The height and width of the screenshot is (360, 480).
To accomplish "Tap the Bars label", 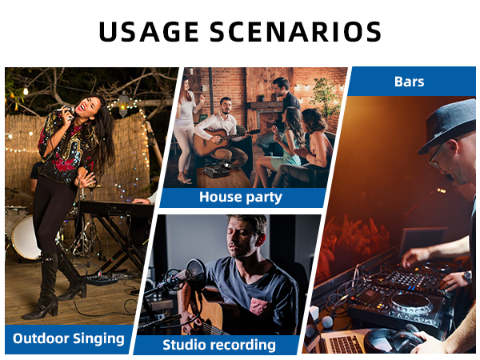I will coord(409,82).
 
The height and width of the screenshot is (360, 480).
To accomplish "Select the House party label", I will coord(241,197).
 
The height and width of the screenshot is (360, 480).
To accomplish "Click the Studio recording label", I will coord(219,345).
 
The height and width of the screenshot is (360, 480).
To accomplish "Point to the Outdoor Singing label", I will coord(69,338).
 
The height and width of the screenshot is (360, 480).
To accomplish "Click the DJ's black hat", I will coord(453,121).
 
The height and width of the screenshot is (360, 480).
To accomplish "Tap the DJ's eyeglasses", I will coord(438,154).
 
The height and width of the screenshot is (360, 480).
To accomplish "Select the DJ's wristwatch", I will coord(466,276).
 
